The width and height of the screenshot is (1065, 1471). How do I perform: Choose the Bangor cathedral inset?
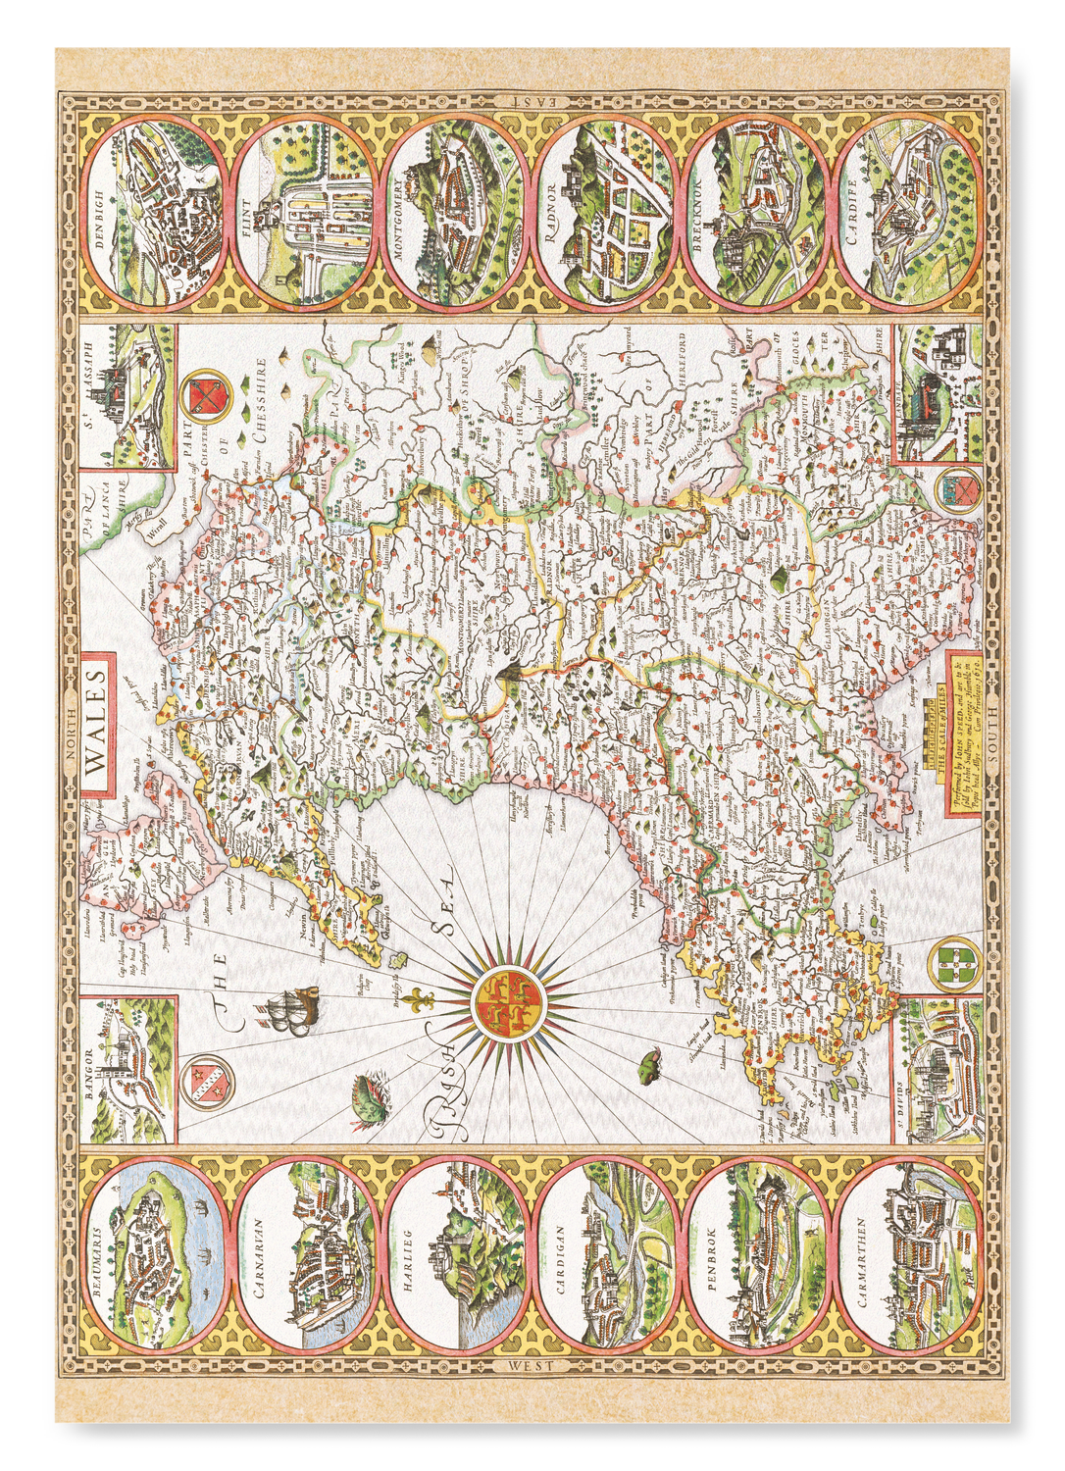(x=129, y=1069)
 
